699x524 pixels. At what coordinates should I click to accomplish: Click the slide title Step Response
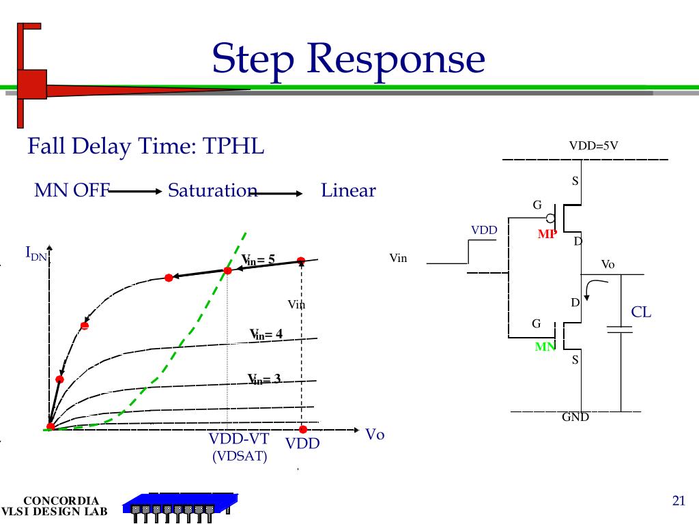click(348, 59)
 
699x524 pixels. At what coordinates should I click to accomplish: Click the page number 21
click(678, 501)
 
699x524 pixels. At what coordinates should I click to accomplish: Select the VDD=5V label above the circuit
click(593, 145)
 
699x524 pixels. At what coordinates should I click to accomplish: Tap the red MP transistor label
click(547, 234)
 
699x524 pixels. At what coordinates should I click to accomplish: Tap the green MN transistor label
click(545, 347)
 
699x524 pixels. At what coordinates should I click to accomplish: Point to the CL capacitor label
click(641, 312)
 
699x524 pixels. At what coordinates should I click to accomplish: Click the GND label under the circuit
click(575, 417)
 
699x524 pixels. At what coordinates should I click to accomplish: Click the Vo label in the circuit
click(608, 264)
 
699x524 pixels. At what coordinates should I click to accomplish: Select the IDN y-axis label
click(35, 254)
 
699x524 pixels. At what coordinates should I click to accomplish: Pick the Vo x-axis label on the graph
click(375, 435)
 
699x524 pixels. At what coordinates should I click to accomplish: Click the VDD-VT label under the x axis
click(238, 438)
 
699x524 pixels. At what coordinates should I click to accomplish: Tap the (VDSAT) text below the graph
click(240, 456)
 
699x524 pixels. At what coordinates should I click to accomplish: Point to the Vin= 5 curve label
click(258, 259)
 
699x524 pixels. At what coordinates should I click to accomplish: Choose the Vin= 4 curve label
click(266, 334)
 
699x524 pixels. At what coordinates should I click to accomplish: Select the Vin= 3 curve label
click(264, 379)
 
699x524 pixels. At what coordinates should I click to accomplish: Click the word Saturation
click(212, 190)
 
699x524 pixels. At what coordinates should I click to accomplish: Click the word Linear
click(348, 190)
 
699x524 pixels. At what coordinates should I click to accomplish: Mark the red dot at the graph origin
click(51, 427)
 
